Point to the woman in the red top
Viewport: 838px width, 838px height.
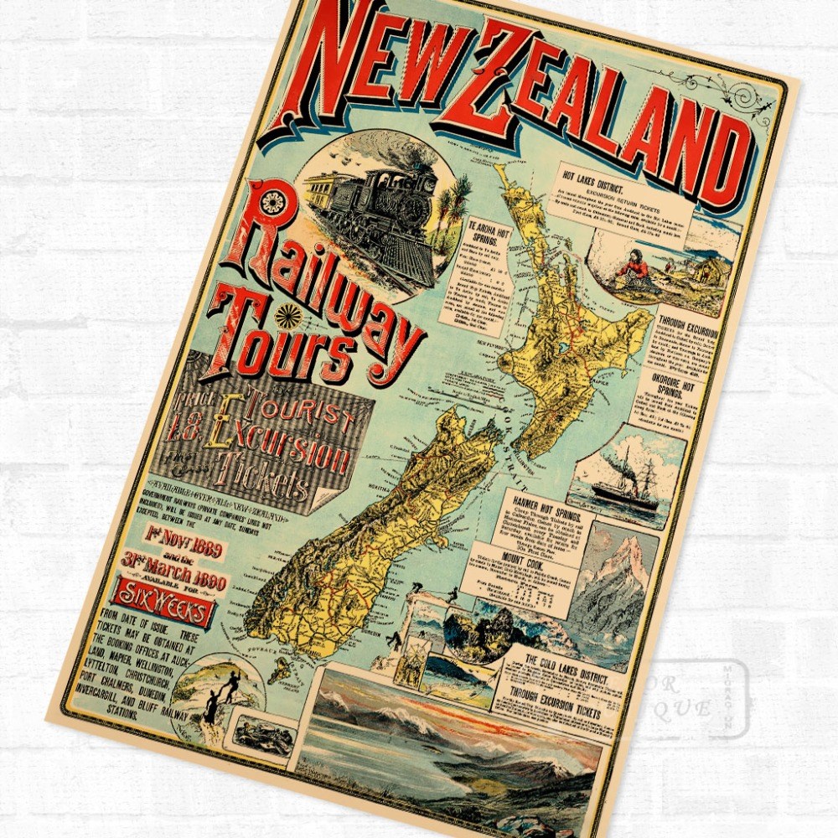coord(631,266)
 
